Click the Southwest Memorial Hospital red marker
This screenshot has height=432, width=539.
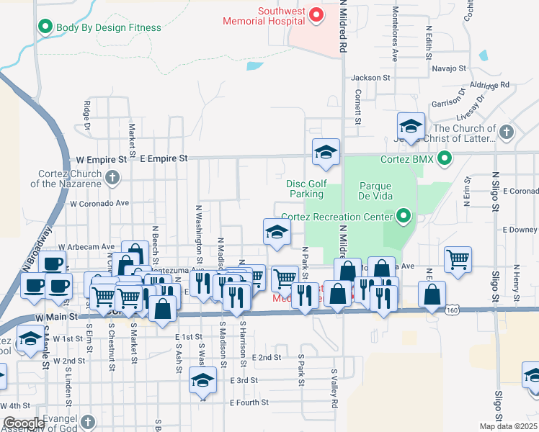click(316, 14)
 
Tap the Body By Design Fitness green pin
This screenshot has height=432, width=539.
click(45, 27)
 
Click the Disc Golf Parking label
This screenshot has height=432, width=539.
click(307, 189)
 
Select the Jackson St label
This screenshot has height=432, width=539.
click(370, 77)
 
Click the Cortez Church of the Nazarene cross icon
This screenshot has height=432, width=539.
click(112, 177)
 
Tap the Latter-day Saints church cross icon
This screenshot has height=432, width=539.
click(507, 132)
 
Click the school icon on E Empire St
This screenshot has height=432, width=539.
click(326, 152)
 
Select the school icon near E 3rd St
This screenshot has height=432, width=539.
click(202, 381)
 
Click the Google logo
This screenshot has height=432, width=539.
click(23, 423)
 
